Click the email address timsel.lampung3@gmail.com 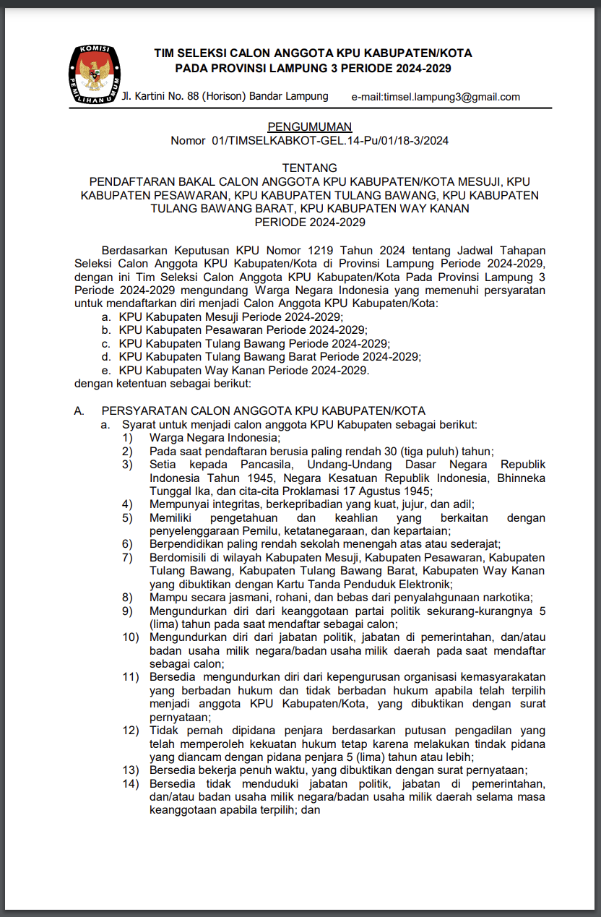click(436, 97)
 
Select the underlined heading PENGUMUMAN click(309, 127)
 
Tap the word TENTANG click(309, 168)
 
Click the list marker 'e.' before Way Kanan click(106, 370)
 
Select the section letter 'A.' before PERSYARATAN click(80, 410)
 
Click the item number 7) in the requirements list click(127, 557)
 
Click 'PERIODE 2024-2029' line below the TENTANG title click(309, 223)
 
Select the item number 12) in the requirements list click(129, 731)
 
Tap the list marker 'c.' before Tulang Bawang click(106, 343)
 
